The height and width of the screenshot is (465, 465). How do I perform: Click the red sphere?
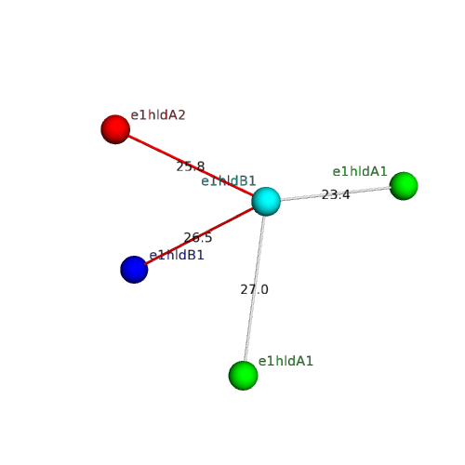115,129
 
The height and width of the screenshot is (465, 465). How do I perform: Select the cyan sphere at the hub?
266,201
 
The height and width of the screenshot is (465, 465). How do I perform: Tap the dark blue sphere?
134,270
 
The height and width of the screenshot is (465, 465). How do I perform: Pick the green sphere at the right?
404,186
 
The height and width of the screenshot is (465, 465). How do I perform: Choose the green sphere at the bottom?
244,376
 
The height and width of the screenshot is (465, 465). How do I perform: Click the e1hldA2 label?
158,115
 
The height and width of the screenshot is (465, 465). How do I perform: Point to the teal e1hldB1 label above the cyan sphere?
229,180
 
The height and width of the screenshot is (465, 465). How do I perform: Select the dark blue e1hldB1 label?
177,255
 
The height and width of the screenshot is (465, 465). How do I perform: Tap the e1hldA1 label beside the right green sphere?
360,171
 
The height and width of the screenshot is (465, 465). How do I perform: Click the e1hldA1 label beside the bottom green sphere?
286,361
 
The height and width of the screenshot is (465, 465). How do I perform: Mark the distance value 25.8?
191,166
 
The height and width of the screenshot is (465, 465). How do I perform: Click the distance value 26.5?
198,238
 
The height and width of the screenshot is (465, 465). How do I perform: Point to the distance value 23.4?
336,194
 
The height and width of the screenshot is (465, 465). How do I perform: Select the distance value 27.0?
254,289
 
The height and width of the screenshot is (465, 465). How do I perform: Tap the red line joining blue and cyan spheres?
199,236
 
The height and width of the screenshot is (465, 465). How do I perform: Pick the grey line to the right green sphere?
336,193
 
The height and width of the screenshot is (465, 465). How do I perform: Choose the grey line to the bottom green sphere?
255,288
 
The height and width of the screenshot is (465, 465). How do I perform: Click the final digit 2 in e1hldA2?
181,115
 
